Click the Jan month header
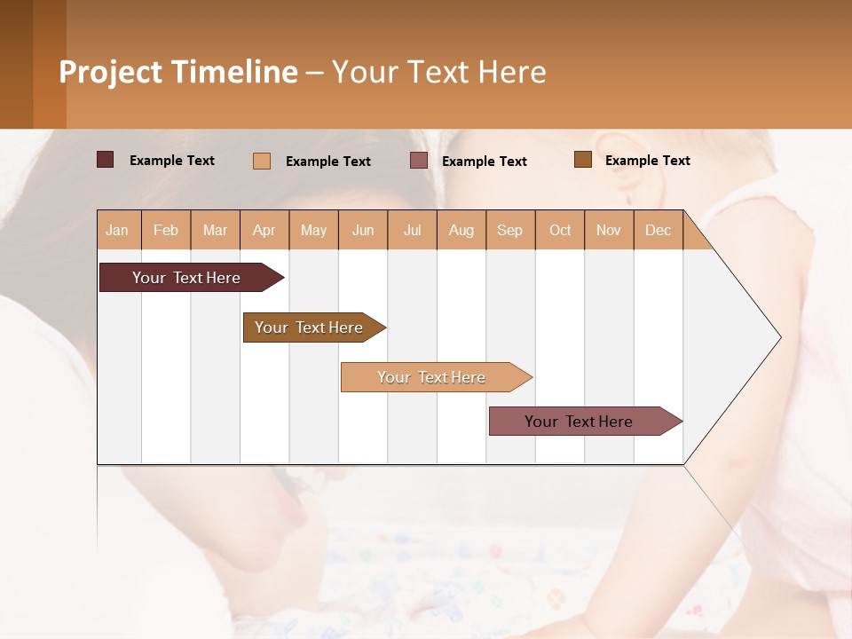point(118,230)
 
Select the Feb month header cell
point(166,230)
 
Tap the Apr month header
point(264,230)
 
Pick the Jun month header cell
point(363,230)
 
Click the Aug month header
point(461,230)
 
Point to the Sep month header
point(510,230)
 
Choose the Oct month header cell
point(560,230)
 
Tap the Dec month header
point(659,230)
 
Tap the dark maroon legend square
point(106,160)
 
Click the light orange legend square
point(262,161)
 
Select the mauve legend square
point(419,161)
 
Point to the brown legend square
point(583,160)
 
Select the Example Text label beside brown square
point(647,160)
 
